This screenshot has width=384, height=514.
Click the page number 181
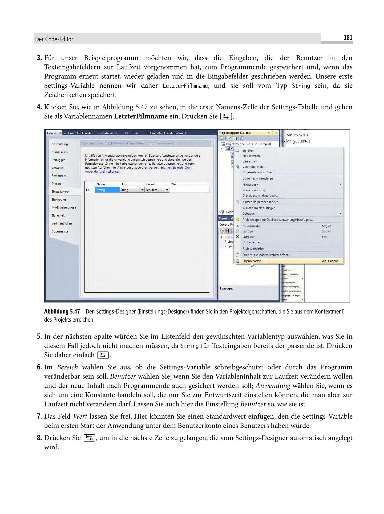pos(348,38)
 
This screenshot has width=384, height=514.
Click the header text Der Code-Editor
pos(54,39)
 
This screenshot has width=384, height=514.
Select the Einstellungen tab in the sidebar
pos(60,191)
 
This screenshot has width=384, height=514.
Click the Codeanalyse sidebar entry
pos(60,231)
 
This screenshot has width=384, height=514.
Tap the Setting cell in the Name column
pos(107,190)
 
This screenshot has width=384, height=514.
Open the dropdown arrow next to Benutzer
pos(167,190)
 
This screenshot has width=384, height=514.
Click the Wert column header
pos(174,184)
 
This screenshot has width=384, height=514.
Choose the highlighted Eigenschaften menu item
pos(252,261)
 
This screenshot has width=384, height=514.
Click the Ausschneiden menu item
pos(252,226)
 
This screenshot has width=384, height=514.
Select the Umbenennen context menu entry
pos(252,242)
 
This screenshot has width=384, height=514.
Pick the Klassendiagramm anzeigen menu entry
pos(260,202)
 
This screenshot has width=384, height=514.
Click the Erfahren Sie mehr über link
pos(176,168)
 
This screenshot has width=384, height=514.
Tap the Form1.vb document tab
pos(131,133)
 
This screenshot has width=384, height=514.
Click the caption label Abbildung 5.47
pos(62,312)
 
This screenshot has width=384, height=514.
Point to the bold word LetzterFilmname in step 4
pos(141,116)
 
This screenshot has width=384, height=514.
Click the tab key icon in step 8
pos(89,438)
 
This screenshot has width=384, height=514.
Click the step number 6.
pos(39,367)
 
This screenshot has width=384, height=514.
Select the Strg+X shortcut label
pos(326,226)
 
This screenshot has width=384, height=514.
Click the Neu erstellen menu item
pos(251,156)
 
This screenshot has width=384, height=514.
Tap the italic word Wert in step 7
pos(80,417)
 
